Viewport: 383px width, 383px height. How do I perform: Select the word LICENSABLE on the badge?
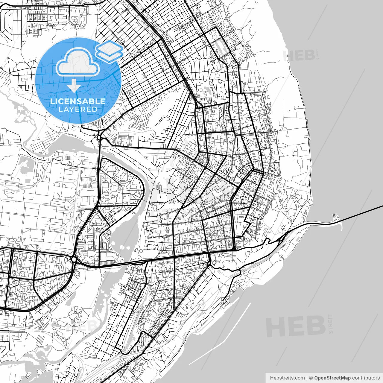click(x=77, y=101)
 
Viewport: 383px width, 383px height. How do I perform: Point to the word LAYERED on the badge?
click(x=78, y=109)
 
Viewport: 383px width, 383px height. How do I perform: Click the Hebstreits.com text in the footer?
click(x=287, y=378)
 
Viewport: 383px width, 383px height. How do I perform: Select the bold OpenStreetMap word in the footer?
click(x=332, y=378)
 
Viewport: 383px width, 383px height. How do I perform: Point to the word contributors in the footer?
click(x=366, y=378)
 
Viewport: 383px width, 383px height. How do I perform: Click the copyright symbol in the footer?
click(x=311, y=378)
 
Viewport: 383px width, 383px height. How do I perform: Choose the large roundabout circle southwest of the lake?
click(x=74, y=259)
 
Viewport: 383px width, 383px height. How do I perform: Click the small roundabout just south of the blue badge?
click(x=99, y=137)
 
